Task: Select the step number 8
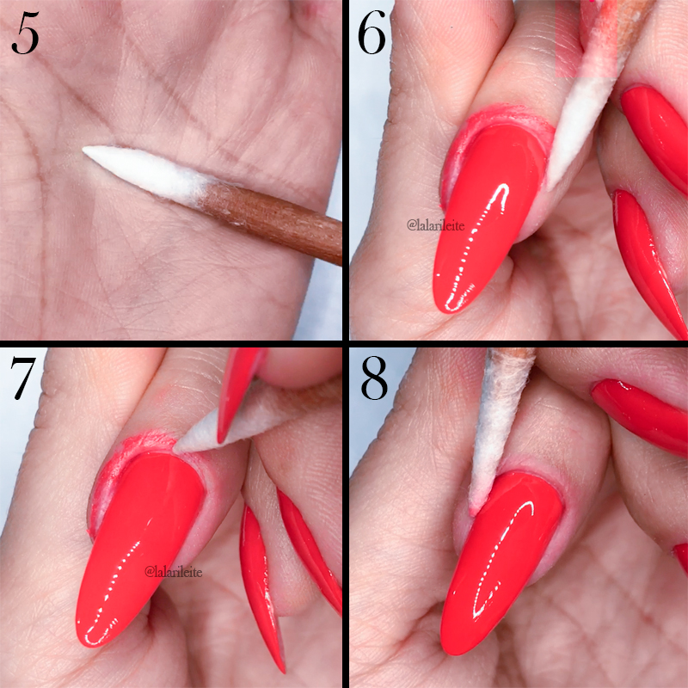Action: pos(375,379)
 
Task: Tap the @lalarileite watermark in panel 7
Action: pos(175,571)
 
